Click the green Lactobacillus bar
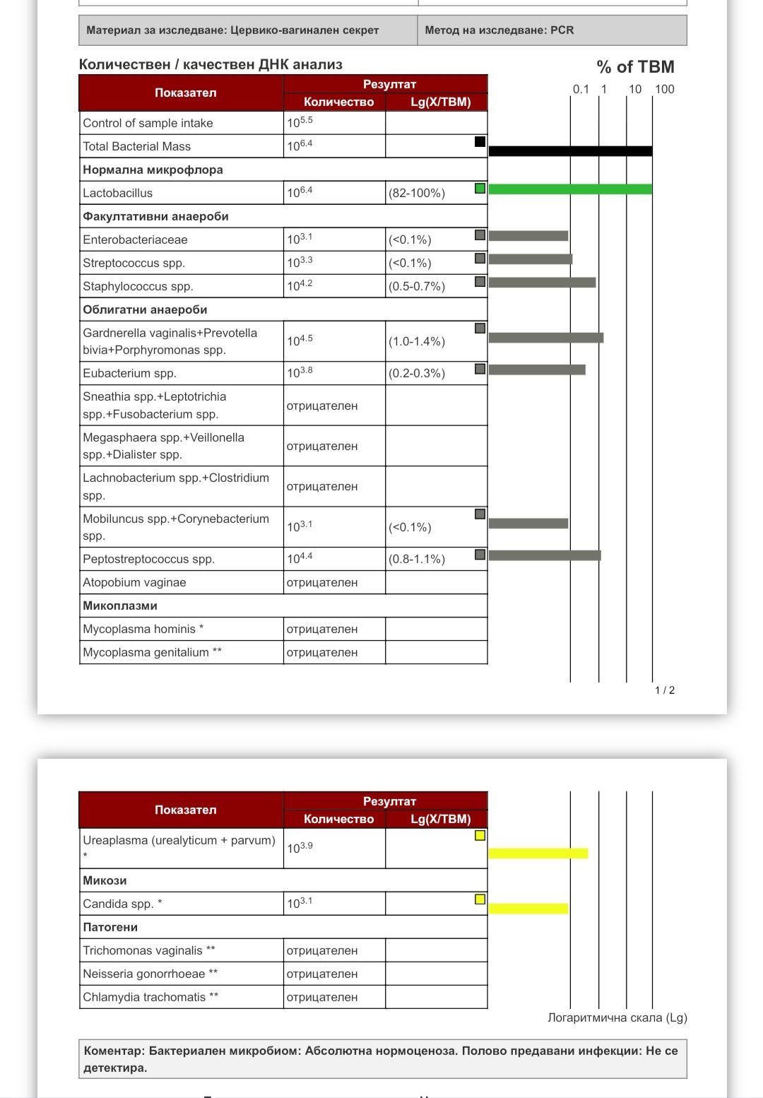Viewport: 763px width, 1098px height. coord(570,189)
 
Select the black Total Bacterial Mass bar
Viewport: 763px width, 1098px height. coord(570,150)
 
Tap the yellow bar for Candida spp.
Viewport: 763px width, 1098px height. coord(528,908)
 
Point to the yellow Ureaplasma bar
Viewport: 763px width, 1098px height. coord(538,853)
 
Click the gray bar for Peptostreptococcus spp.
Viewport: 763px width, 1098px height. coord(544,555)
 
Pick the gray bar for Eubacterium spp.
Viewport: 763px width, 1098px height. coord(536,370)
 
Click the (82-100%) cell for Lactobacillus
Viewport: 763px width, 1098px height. coord(417,193)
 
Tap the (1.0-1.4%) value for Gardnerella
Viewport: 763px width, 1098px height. coord(417,341)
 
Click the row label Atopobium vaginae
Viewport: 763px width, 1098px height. coord(134,582)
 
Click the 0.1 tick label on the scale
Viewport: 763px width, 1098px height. coord(580,89)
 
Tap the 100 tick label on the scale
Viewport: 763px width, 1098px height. coord(664,89)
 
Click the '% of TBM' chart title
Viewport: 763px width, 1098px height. coord(635,67)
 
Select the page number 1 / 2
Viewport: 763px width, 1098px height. coord(664,690)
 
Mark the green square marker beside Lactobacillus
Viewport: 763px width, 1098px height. coord(480,189)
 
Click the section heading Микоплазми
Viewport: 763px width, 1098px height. coord(120,606)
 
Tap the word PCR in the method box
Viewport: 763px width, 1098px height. coord(562,30)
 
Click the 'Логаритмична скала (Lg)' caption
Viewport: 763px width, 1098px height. coord(617,1017)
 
